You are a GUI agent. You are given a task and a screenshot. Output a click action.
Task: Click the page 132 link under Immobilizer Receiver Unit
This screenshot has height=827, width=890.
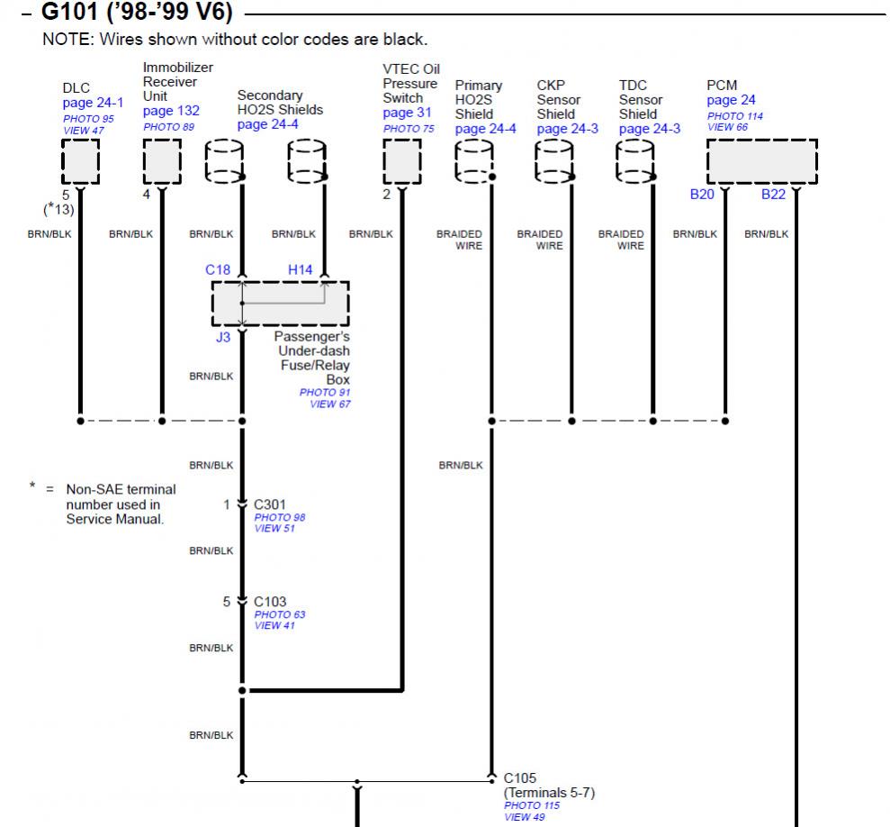(x=171, y=111)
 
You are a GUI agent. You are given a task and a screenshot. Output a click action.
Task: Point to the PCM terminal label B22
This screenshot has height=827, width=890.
(x=773, y=194)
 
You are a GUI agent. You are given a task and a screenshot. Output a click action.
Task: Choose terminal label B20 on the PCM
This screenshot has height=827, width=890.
(x=702, y=194)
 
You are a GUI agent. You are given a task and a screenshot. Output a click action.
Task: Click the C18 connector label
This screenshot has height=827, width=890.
(x=219, y=268)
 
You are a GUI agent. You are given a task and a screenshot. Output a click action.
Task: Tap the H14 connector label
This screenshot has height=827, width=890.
(x=300, y=268)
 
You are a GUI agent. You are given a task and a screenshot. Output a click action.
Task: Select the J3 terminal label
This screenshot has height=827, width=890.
(x=222, y=338)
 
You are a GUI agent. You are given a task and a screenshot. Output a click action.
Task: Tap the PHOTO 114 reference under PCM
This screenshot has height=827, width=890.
(x=735, y=116)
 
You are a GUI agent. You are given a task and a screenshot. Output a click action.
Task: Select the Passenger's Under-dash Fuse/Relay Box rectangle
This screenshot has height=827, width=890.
(x=280, y=304)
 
